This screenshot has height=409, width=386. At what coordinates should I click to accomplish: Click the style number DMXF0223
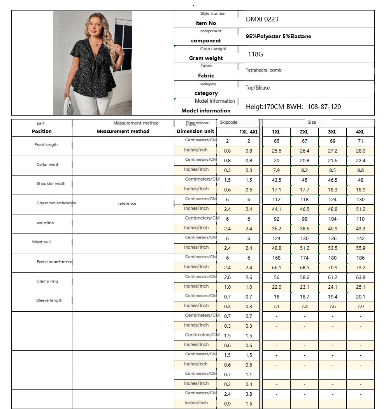[262, 19]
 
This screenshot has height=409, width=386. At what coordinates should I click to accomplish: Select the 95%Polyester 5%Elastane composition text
[278, 37]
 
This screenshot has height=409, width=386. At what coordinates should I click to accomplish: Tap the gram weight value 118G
[255, 54]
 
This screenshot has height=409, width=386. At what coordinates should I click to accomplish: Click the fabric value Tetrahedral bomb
[263, 70]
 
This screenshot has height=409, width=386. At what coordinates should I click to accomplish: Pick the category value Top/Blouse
[257, 88]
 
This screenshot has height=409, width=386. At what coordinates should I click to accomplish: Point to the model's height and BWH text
[293, 107]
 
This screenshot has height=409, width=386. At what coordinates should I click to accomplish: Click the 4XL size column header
[360, 132]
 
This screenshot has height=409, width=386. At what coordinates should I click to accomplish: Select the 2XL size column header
[304, 132]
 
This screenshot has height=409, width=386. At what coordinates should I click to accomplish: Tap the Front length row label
[46, 145]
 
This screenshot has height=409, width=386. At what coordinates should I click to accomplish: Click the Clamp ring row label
[47, 281]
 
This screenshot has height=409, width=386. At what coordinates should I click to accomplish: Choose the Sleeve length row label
[49, 300]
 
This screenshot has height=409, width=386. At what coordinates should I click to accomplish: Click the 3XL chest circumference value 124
[332, 200]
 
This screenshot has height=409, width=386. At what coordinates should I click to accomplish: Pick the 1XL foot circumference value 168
[276, 258]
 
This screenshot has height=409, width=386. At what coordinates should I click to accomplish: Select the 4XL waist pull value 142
[360, 239]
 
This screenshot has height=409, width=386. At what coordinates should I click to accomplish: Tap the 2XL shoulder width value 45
[304, 180]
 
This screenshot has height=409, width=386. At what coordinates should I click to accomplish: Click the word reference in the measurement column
[127, 204]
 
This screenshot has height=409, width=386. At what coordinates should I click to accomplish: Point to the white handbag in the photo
[68, 106]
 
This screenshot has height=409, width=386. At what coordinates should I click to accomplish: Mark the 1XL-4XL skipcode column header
[249, 132]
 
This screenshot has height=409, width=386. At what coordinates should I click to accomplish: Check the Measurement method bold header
[123, 132]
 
